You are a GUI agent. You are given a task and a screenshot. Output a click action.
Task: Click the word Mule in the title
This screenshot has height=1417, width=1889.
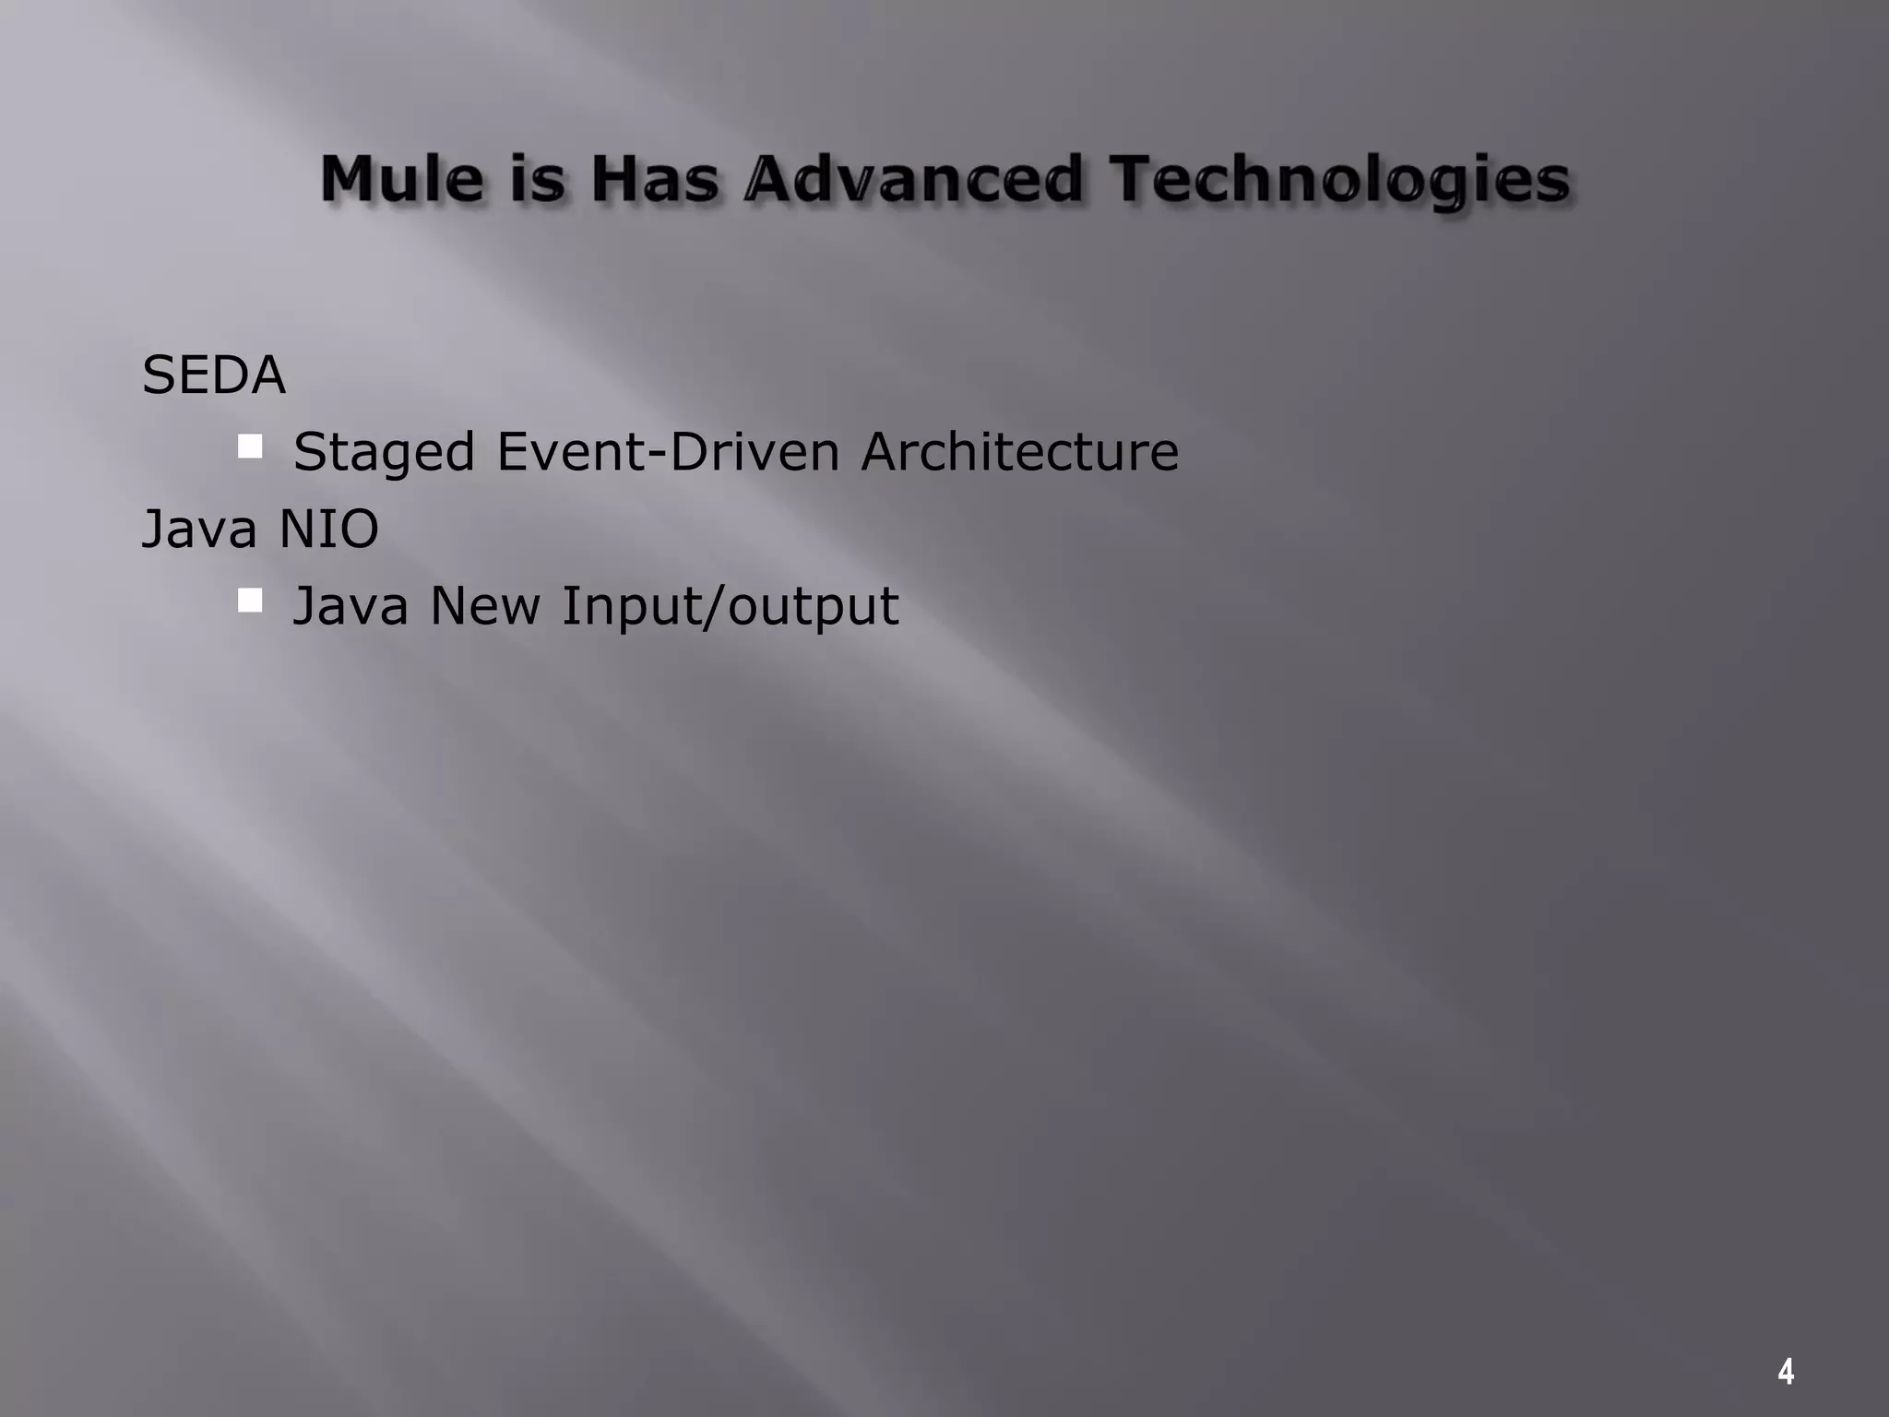[x=401, y=179]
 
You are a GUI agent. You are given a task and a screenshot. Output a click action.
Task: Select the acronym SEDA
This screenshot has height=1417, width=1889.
[x=214, y=375]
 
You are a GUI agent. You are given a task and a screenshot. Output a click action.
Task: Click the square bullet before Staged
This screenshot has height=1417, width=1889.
[x=249, y=447]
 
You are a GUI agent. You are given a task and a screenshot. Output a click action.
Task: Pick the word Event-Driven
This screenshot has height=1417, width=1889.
[x=668, y=452]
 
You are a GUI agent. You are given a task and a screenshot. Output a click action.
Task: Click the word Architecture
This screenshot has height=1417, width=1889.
[x=1019, y=452]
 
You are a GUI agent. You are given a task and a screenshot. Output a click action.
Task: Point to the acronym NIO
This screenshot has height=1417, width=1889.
[x=328, y=530]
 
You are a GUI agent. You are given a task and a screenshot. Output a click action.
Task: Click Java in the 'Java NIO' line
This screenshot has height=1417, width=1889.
[x=198, y=530]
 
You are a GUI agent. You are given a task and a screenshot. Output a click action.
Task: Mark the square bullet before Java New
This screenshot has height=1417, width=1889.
[x=249, y=601]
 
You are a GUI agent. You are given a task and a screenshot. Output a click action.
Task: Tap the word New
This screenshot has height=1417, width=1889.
[x=485, y=606]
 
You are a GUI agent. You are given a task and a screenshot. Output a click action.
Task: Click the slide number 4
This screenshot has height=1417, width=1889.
[x=1786, y=1372]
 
